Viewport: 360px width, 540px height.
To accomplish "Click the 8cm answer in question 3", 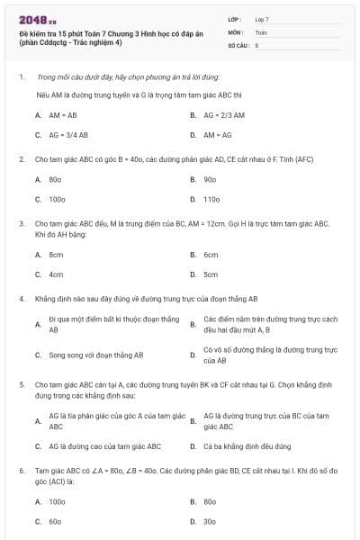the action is (56, 255).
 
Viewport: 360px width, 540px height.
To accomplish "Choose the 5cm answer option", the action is (211, 274).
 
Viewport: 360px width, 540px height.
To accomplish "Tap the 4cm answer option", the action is (56, 274).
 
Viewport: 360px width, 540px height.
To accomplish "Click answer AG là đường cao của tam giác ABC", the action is (104, 445).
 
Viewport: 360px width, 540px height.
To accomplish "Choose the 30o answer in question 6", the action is (210, 521).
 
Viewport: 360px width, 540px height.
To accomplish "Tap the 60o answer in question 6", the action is (55, 521).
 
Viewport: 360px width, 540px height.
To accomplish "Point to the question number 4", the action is (21, 298).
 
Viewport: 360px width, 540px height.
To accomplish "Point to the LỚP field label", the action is (235, 19).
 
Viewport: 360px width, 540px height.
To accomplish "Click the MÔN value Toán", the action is (261, 31).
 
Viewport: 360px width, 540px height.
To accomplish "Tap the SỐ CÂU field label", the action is (238, 44).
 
